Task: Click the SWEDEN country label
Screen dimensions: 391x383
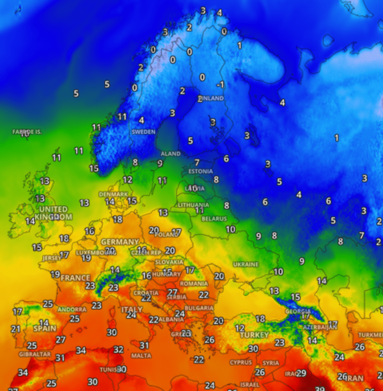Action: [144, 132]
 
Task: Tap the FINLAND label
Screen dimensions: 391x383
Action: [212, 98]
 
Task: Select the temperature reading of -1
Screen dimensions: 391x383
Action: [221, 85]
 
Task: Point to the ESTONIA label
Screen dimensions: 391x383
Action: [200, 171]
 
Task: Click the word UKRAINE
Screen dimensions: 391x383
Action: [246, 264]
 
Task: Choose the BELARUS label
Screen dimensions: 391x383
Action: [214, 219]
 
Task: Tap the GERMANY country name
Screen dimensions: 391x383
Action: [120, 242]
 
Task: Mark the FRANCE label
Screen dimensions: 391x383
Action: [75, 278]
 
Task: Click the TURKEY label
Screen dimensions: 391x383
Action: [254, 335]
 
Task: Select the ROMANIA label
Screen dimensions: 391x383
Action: [194, 284]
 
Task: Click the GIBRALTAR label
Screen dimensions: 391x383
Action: [35, 354]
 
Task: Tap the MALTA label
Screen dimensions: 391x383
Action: [141, 356]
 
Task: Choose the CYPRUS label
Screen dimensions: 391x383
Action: [241, 363]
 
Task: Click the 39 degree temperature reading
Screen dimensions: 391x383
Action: [320, 388]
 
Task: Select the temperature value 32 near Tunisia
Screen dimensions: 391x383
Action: [118, 349]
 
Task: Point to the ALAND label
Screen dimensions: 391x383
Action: [171, 154]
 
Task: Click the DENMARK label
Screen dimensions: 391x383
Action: [113, 194]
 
